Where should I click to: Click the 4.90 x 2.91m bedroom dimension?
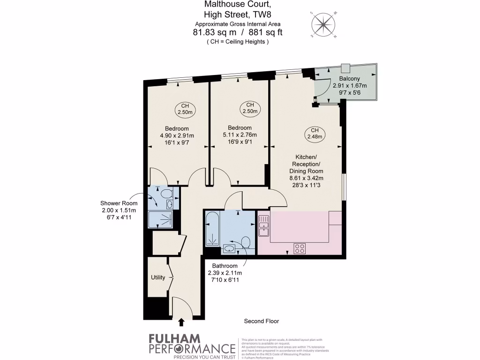tap(177, 136)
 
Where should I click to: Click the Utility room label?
tap(158, 277)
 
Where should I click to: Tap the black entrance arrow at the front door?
tap(181, 322)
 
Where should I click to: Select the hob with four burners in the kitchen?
tap(300, 249)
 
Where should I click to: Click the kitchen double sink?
tap(263, 225)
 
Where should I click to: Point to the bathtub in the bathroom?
tap(212, 229)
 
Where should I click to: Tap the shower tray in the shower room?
tap(160, 219)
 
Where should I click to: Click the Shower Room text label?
tap(119, 203)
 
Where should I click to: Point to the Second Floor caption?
tap(262, 321)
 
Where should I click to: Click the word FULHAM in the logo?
tap(174, 338)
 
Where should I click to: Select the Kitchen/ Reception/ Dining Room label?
tap(307, 164)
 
